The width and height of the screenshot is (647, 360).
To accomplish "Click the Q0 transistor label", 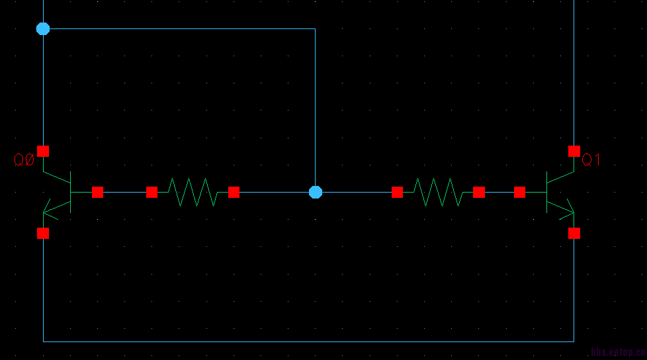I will tap(24, 159).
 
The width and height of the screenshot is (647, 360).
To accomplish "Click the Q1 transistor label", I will tap(591, 159).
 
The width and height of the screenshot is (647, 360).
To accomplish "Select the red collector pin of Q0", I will tap(43, 151).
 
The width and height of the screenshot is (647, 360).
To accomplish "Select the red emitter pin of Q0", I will tap(43, 233).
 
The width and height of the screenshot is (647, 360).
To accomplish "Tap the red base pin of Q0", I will tap(97, 192).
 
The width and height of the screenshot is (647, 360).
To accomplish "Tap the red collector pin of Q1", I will tap(574, 151).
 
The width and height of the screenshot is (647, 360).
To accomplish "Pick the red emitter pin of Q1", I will tap(574, 233).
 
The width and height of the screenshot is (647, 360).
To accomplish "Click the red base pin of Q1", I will tap(519, 192).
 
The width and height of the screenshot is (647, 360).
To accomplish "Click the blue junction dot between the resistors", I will tap(316, 192).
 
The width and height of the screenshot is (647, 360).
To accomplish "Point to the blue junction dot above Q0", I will tap(43, 28).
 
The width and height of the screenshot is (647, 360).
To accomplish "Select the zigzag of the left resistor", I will tap(193, 192).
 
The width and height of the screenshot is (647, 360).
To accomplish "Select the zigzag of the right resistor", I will tap(438, 192).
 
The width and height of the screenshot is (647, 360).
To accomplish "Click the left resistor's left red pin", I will tap(151, 192).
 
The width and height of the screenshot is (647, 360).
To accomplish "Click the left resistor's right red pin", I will tap(234, 192).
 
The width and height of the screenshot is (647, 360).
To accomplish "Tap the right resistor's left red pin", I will tap(397, 192).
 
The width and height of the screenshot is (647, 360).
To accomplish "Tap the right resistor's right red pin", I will tap(479, 192).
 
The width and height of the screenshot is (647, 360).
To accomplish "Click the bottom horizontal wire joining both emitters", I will tap(308, 341).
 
